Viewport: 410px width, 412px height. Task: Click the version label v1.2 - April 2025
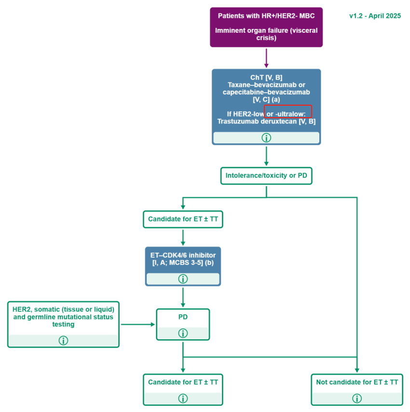click(x=375, y=16)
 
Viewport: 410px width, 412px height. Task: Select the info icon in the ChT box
click(x=266, y=137)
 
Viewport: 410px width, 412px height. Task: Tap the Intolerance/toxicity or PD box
click(x=266, y=176)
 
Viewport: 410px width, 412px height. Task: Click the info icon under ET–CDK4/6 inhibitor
click(x=183, y=279)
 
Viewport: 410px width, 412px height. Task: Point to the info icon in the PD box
click(x=183, y=333)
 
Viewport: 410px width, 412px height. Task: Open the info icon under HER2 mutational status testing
click(x=63, y=341)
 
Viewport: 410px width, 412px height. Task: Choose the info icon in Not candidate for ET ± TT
click(x=357, y=398)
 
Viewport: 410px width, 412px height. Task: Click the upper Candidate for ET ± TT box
click(x=183, y=219)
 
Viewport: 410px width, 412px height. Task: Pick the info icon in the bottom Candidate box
click(x=183, y=398)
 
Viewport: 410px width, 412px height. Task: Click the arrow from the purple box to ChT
click(x=266, y=58)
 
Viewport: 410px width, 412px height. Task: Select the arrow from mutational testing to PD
click(x=138, y=324)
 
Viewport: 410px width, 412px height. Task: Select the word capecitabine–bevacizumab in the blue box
click(x=266, y=92)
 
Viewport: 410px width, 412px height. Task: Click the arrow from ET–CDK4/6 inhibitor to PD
click(x=183, y=297)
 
